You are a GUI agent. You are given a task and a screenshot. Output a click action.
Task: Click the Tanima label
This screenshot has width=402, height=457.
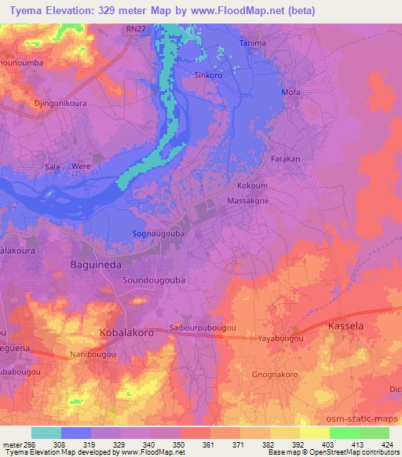253,42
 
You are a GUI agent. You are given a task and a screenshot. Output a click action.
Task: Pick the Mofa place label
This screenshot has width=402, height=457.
291,93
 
